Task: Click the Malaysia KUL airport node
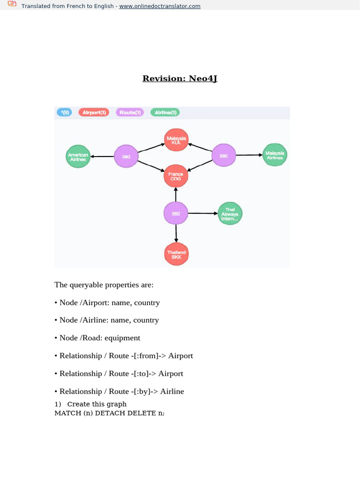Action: point(176,140)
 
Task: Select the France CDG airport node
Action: point(176,177)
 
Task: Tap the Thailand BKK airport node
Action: point(176,255)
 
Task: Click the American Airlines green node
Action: point(78,157)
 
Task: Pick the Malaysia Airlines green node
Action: point(275,156)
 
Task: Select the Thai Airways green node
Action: point(230,214)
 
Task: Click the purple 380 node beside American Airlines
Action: point(126,157)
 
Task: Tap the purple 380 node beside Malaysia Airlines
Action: point(224,156)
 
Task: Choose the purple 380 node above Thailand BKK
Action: point(176,214)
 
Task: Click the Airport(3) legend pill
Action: point(94,112)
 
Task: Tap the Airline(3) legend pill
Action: point(165,112)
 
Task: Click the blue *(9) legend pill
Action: point(64,112)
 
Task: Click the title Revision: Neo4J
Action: point(180,78)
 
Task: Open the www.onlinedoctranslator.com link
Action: point(160,6)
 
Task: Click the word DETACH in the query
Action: point(110,413)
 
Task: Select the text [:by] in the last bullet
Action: point(148,391)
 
